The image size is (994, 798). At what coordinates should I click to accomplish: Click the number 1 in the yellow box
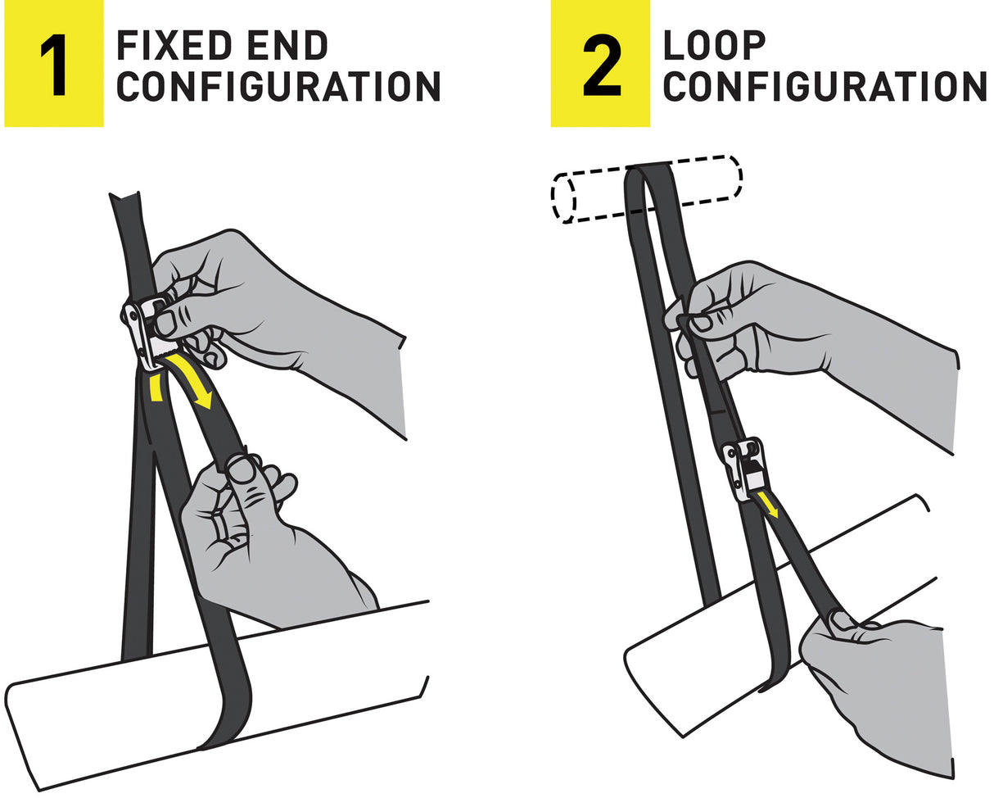[x=53, y=63]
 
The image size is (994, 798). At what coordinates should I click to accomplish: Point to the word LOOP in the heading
[x=714, y=46]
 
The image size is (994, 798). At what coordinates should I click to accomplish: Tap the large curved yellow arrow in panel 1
[x=195, y=379]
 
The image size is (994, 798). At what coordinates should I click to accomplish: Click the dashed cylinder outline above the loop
[x=647, y=188]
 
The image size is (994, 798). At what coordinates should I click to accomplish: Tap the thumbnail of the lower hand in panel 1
[x=242, y=469]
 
